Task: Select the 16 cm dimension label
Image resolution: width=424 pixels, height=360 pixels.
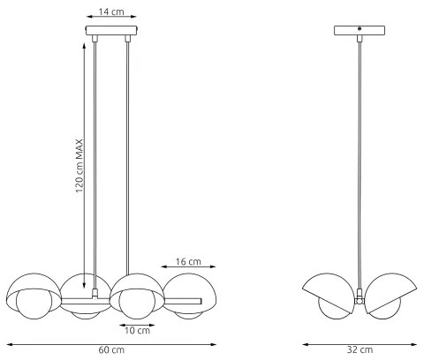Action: (x=188, y=262)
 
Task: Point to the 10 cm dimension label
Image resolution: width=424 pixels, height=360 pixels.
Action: (x=136, y=330)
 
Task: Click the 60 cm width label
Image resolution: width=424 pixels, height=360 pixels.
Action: (x=110, y=351)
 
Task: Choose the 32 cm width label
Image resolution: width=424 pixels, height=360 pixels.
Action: (x=359, y=351)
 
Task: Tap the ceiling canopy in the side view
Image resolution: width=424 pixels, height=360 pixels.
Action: (x=359, y=30)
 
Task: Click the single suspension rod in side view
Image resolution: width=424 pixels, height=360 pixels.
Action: (x=359, y=159)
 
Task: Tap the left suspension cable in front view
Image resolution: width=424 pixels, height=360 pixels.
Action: (x=95, y=159)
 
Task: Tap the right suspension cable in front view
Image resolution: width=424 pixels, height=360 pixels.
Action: (x=129, y=159)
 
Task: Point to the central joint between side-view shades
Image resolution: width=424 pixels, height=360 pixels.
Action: (x=359, y=300)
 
